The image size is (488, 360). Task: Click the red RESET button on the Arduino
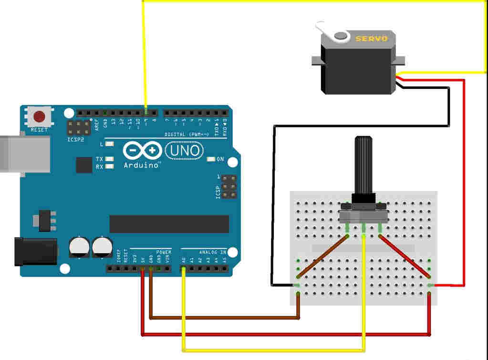[x=39, y=116]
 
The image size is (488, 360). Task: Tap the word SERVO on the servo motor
[x=372, y=38]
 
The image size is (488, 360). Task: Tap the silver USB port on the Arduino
[x=24, y=154]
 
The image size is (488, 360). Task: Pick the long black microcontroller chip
[x=169, y=224]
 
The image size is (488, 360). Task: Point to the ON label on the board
[x=220, y=159]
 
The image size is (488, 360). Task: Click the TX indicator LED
[x=110, y=159]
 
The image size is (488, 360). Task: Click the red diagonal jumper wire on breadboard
[x=405, y=255]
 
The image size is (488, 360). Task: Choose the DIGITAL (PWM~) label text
[x=187, y=134]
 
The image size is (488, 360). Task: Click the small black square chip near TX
[x=84, y=165]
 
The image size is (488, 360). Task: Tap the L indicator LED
[x=110, y=144]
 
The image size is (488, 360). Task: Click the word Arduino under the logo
[x=141, y=165]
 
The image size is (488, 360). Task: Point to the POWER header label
[x=164, y=252]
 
